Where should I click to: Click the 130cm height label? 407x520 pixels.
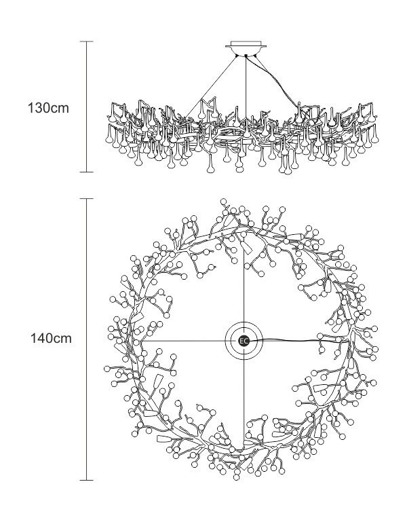(x=48, y=108)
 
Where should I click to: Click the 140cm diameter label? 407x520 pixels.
(x=51, y=339)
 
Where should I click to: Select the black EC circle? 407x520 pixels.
(x=244, y=341)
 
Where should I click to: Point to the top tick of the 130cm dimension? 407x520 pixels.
(x=87, y=41)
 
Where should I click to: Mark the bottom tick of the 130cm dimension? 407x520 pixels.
(x=87, y=172)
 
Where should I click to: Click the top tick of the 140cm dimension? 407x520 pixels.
(x=87, y=199)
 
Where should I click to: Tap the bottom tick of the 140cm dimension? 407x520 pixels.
(x=87, y=480)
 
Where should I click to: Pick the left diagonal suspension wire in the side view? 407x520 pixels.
(x=210, y=87)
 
